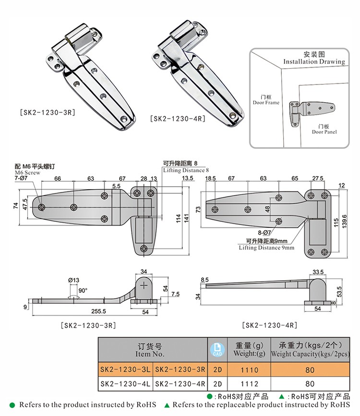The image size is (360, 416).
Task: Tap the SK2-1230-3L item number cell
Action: tap(126, 370)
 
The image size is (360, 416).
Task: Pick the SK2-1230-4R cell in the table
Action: tap(180, 383)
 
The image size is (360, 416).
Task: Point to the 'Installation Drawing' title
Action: tap(314, 61)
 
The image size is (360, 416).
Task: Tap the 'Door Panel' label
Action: tap(324, 131)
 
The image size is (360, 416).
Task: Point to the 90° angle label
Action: tap(83, 290)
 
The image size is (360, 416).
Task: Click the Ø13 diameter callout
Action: tap(73, 280)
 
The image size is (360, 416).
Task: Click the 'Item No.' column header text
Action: tap(150, 355)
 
